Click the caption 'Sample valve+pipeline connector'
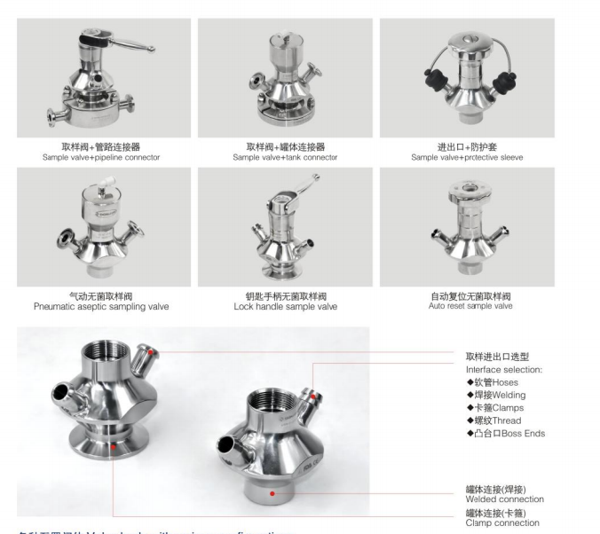point(101,157)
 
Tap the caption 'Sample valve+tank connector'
point(285,157)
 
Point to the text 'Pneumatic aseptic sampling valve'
point(101,307)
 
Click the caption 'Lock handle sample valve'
point(285,307)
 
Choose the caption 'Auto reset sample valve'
point(467,306)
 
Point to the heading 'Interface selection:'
point(503,369)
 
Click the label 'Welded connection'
point(504,499)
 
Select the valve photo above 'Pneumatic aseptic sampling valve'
point(102,226)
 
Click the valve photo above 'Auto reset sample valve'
point(467,226)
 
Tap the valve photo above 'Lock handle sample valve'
point(285,226)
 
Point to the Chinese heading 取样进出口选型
point(497,357)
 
